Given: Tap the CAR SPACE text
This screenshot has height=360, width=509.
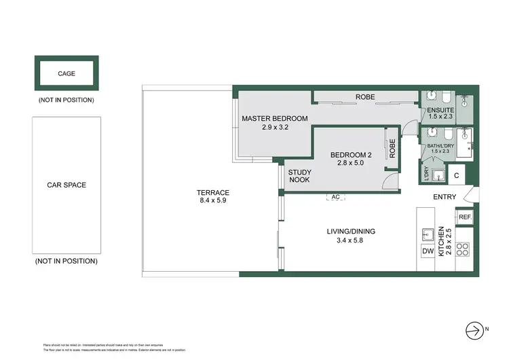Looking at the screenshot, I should point(67,185).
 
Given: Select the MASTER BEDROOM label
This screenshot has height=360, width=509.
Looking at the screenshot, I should point(275,119).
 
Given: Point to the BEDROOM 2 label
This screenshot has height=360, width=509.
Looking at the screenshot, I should point(351,155).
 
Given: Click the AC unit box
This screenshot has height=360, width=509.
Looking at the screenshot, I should point(335,197).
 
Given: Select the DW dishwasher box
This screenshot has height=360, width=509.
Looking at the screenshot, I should point(428,252).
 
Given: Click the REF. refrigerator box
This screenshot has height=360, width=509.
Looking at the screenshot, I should point(465,217).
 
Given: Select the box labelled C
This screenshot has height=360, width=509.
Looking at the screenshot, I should point(457,175).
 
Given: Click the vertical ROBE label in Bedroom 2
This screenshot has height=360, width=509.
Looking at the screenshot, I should point(392,149).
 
